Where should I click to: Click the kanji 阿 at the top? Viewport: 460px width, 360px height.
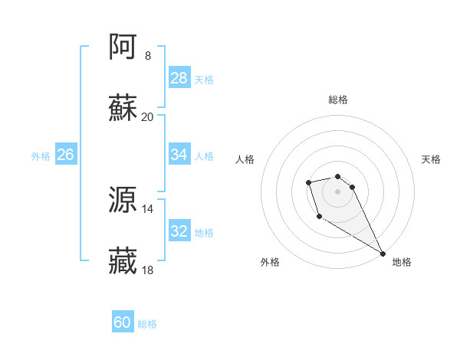pyautogui.click(x=123, y=47)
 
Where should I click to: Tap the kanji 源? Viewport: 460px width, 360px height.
pyautogui.click(x=123, y=201)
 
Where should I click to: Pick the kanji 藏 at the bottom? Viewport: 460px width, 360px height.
pyautogui.click(x=123, y=261)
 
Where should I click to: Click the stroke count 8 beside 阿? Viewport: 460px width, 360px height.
pyautogui.click(x=147, y=56)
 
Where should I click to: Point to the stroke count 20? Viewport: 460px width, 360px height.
pyautogui.click(x=147, y=116)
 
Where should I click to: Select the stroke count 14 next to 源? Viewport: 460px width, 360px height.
pyautogui.click(x=147, y=209)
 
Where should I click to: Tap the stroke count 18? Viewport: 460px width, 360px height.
pyautogui.click(x=147, y=270)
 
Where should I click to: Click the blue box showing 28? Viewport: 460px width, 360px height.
pyautogui.click(x=179, y=77)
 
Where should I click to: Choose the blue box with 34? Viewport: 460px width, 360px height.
pyautogui.click(x=179, y=154)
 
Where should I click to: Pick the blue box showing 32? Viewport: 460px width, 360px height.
pyautogui.click(x=179, y=231)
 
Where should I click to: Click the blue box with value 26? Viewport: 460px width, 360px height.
pyautogui.click(x=65, y=155)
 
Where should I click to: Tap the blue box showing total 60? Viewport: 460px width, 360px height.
pyautogui.click(x=123, y=322)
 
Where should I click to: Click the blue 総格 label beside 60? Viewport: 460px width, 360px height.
pyautogui.click(x=147, y=324)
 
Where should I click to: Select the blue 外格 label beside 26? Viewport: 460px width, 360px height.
pyautogui.click(x=41, y=156)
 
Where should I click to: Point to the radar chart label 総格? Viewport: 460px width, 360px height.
pyautogui.click(x=338, y=100)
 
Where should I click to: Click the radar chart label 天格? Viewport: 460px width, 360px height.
pyautogui.click(x=431, y=159)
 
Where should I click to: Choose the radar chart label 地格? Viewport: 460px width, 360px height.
pyautogui.click(x=402, y=262)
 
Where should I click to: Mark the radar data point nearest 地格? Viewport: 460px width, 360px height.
pyautogui.click(x=383, y=253)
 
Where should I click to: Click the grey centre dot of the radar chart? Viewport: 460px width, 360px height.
pyautogui.click(x=337, y=191)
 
